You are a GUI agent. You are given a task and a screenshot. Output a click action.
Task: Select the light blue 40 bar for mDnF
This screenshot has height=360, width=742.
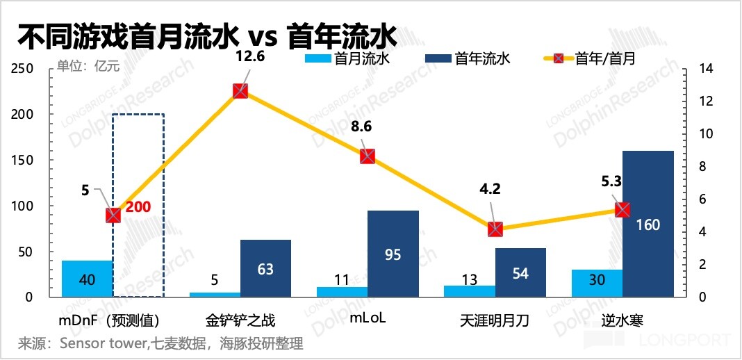pyautogui.click(x=88, y=279)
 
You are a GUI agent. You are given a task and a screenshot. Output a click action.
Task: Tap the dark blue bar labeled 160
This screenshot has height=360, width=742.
pyautogui.click(x=648, y=224)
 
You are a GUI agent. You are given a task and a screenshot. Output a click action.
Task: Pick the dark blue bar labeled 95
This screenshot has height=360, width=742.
pyautogui.click(x=393, y=254)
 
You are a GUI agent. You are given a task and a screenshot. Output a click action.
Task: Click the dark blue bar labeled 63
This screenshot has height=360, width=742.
pyautogui.click(x=265, y=268)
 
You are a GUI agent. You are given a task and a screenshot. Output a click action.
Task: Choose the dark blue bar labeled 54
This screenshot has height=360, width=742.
pyautogui.click(x=520, y=272)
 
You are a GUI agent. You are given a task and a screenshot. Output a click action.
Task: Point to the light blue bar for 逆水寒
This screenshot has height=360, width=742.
pyautogui.click(x=597, y=283)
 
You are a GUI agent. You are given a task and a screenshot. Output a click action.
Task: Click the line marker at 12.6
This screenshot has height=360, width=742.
pyautogui.click(x=240, y=91)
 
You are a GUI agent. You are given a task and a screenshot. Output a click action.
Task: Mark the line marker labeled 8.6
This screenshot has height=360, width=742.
pyautogui.click(x=368, y=156)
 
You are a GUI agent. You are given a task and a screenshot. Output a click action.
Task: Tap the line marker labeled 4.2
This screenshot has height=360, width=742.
pyautogui.click(x=495, y=229)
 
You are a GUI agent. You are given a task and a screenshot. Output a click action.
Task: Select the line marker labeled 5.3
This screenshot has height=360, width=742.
pyautogui.click(x=623, y=210)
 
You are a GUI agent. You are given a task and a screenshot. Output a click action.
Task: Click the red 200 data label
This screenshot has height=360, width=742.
pyautogui.click(x=138, y=206)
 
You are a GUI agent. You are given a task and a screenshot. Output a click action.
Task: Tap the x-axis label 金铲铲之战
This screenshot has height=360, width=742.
pyautogui.click(x=240, y=320)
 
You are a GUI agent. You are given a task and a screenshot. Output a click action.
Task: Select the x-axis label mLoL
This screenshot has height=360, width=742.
pyautogui.click(x=368, y=320)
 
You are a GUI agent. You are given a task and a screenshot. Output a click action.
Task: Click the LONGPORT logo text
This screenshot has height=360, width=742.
pyautogui.click(x=681, y=340)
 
